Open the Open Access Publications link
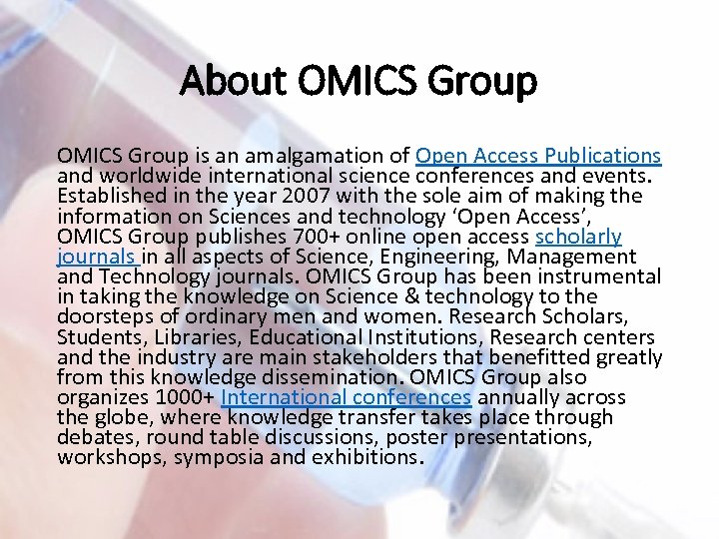tap(538, 156)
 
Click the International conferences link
tap(346, 397)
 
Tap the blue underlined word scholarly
tap(578, 237)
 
